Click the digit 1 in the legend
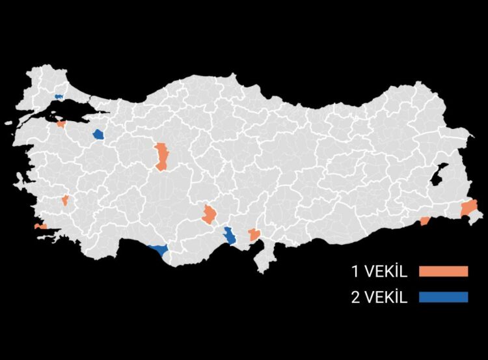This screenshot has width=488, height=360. coord(355,271)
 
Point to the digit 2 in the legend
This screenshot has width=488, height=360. coord(355,298)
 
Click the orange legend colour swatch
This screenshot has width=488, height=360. coord(443,271)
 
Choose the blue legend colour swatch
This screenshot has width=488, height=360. coord(443,298)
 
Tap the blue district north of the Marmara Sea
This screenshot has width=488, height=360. coord(59,96)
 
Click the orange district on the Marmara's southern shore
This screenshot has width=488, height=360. coord(61,124)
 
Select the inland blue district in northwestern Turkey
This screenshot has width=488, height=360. coord(98,134)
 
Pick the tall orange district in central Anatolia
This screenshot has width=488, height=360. coord(161,156)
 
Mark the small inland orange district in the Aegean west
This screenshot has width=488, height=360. coord(65,200)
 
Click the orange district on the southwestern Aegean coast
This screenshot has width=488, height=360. coord(40,227)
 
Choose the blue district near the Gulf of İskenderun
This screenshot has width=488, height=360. coord(230,236)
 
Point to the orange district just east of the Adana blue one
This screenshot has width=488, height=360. coord(254,234)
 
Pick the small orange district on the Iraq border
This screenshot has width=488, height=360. coord(425,221)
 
